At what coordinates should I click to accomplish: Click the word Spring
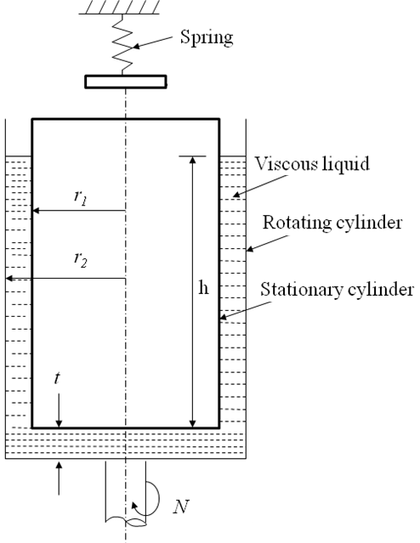click(207, 37)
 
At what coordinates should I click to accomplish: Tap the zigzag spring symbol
click(122, 44)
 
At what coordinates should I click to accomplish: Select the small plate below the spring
click(126, 82)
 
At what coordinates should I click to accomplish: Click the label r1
click(81, 197)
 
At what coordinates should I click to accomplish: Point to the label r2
click(81, 259)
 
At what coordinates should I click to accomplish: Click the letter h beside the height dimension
click(204, 287)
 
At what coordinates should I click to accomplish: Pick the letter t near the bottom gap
click(57, 378)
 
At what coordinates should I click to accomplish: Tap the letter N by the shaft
click(181, 506)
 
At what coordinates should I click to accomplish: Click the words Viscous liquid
click(312, 163)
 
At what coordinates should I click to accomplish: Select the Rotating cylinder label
click(332, 223)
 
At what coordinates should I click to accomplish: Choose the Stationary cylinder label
click(338, 289)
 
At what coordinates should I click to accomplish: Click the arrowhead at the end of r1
click(36, 210)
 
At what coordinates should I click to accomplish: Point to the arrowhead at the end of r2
click(9, 278)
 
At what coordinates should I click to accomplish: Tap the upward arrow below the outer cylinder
click(59, 478)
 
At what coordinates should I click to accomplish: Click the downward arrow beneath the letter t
click(59, 410)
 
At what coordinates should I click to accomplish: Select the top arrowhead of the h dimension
click(193, 160)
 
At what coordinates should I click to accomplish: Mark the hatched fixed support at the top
click(119, 7)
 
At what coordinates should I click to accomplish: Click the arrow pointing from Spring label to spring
click(153, 42)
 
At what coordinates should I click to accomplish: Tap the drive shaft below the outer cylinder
click(126, 492)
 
